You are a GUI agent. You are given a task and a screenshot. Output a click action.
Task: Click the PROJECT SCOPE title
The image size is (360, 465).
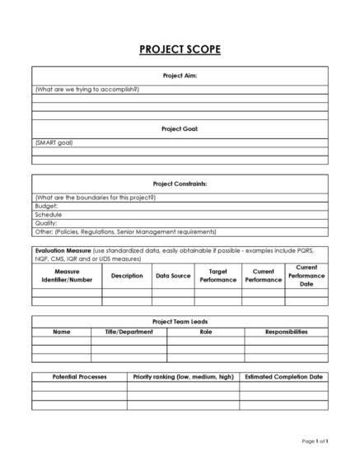pos(180,49)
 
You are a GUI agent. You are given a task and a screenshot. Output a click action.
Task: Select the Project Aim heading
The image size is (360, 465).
pos(180,76)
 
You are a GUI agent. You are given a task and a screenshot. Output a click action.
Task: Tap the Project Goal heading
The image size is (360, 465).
pos(180,129)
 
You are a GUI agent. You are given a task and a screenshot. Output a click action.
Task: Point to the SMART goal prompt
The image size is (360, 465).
pos(54,142)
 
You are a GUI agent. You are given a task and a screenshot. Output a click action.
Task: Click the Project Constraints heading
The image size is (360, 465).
pos(180,184)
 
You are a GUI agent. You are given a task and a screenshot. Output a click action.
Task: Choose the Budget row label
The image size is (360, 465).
pos(47,206)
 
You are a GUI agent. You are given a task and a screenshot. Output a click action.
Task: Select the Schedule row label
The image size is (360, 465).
pos(49,214)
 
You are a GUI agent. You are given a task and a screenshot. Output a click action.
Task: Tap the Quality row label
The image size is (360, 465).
pos(47,222)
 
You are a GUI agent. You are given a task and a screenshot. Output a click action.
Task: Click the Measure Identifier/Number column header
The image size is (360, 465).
pos(67,276)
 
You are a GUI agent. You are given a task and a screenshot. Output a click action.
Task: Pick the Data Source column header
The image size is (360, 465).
pos(173,276)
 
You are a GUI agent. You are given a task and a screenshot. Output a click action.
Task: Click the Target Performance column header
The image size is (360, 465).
pos(218,276)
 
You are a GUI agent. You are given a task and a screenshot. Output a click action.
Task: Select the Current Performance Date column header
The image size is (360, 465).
pos(306,276)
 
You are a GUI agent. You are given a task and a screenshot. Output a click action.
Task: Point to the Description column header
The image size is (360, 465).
pos(127,276)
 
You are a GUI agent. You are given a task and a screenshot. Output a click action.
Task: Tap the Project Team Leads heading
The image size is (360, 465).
pos(180,322)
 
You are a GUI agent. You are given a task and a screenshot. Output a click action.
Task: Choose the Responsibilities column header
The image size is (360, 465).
pos(286,332)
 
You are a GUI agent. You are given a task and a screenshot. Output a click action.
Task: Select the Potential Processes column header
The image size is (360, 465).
pos(79,376)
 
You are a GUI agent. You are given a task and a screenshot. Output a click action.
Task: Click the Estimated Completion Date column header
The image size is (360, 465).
pos(283,376)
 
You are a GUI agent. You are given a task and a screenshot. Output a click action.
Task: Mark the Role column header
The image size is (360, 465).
pos(205,332)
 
